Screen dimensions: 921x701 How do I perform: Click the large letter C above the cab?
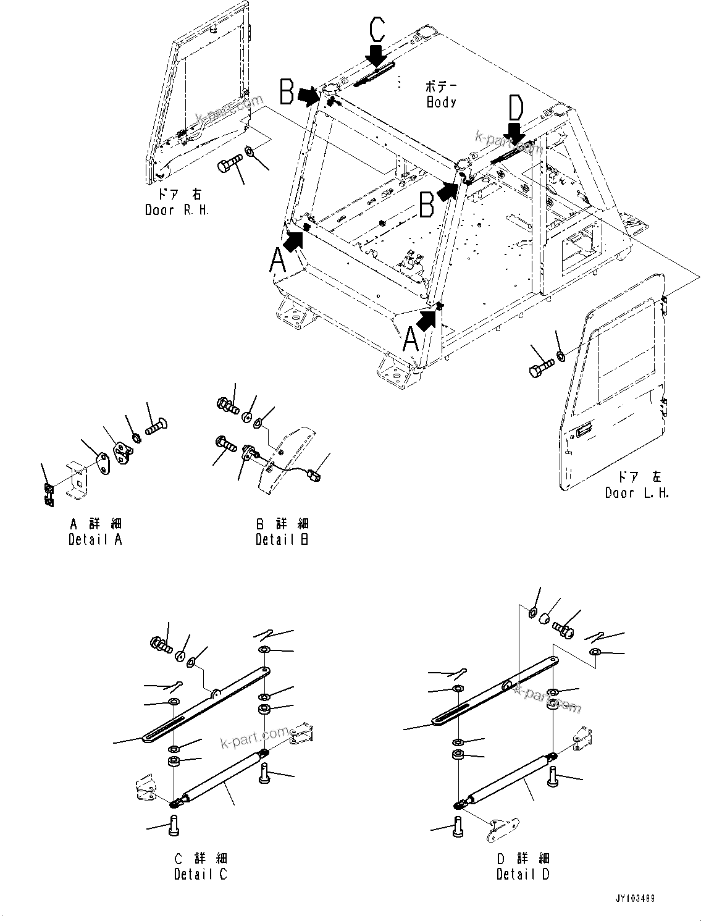[377, 30]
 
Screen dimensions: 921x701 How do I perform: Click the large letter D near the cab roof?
[515, 108]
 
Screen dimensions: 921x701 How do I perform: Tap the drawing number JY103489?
[634, 898]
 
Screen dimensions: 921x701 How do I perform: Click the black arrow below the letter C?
[376, 56]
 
